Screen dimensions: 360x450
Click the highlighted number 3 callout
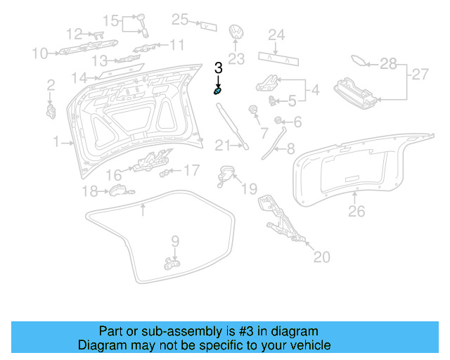tap(218, 68)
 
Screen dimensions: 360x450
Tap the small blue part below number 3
tap(219, 91)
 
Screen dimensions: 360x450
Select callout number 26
tap(357, 210)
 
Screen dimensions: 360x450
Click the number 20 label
tap(321, 257)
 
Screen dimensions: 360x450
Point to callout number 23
tap(236, 58)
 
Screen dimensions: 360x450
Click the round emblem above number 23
tap(237, 34)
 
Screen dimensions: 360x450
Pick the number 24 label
tap(276, 34)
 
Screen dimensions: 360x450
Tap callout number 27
tap(419, 74)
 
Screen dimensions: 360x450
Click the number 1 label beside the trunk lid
tap(56, 142)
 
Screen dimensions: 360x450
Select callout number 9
tap(175, 241)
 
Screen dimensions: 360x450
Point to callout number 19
tap(250, 188)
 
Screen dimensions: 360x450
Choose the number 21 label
tap(222, 146)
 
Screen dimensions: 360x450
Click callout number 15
tap(111, 19)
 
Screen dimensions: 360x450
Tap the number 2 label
tap(51, 85)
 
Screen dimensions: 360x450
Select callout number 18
tap(90, 191)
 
